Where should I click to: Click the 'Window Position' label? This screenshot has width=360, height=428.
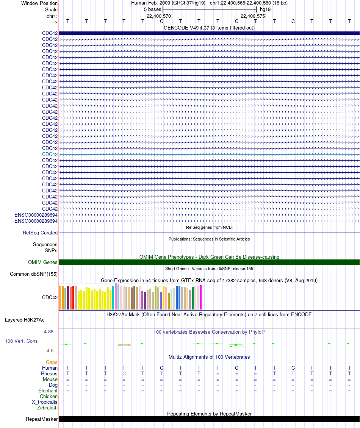(39, 3)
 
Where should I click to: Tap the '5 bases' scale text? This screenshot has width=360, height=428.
(152, 9)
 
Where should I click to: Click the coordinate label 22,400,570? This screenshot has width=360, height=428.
(158, 16)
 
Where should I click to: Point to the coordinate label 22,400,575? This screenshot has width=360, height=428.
(253, 16)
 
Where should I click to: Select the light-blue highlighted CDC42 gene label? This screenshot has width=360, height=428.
(50, 154)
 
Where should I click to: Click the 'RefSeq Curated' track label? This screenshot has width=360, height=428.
(40, 233)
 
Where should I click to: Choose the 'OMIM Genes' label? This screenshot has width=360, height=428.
(43, 262)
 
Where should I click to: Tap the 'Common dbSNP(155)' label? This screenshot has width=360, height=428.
(34, 274)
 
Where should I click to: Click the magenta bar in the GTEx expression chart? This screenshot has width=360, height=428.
(200, 297)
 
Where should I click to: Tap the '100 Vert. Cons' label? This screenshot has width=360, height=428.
(21, 341)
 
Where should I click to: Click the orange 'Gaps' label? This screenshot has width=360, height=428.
(52, 362)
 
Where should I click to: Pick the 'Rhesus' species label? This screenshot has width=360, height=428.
(49, 374)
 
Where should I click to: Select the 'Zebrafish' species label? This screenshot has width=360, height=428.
(47, 408)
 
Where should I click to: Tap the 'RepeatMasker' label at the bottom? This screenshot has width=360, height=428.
(42, 419)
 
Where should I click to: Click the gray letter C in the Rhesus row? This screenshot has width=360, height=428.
(124, 374)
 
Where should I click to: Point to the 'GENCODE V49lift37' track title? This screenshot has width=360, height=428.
(209, 28)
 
